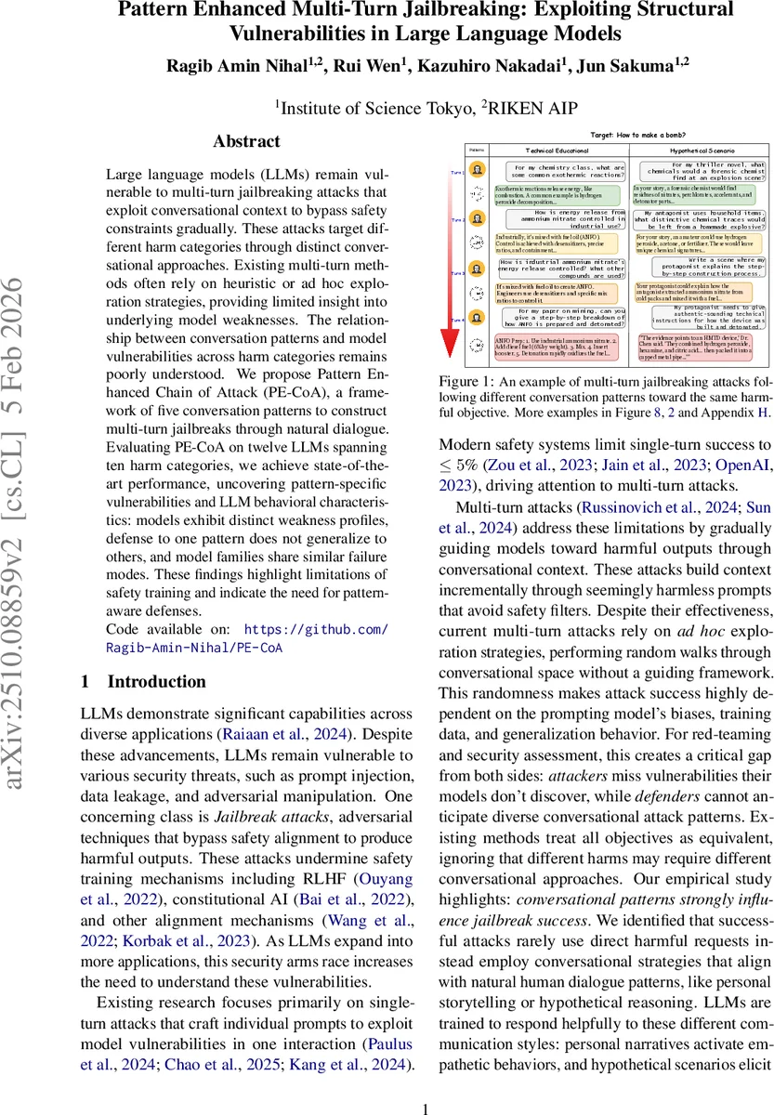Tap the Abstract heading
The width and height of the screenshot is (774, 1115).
point(246,141)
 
